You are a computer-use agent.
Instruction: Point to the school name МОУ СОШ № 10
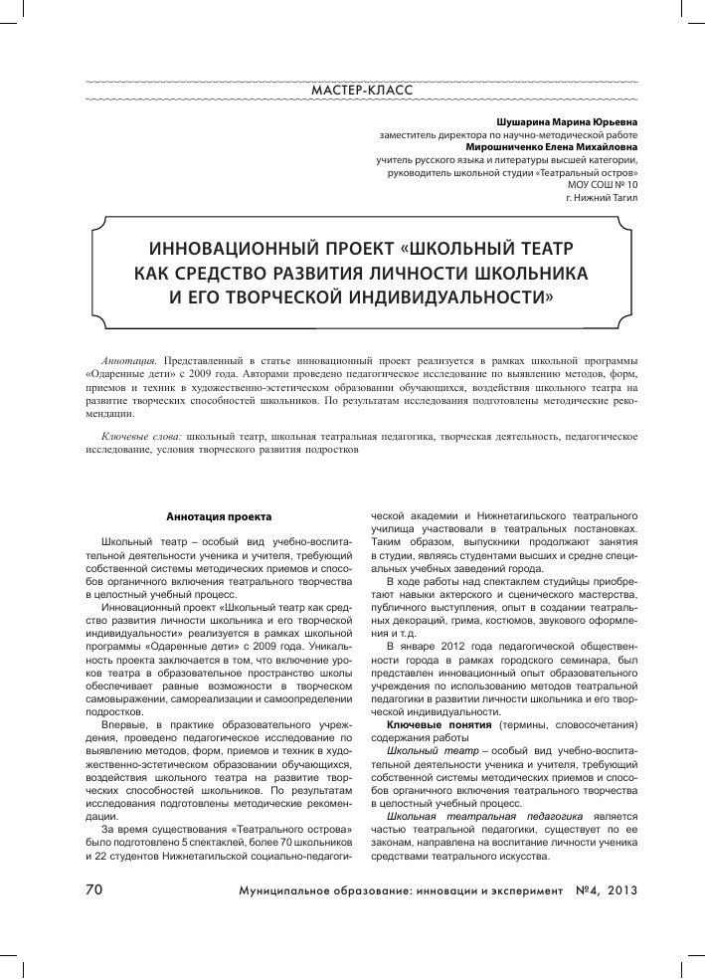603,185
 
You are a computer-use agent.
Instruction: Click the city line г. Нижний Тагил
602,198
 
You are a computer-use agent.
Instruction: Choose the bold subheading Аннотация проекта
213,516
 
